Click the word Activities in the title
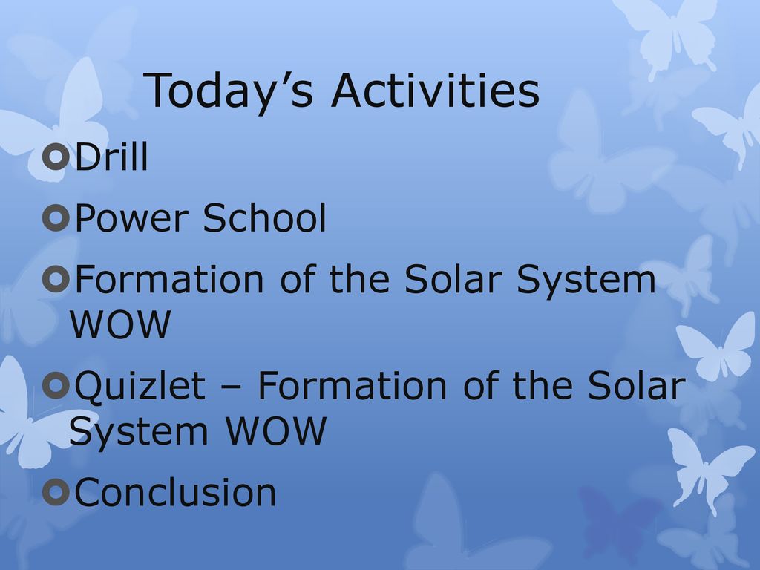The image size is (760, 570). point(435,90)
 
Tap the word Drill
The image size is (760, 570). point(111,157)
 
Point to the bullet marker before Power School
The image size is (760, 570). point(56,217)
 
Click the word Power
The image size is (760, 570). point(131,218)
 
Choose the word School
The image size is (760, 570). point(265,217)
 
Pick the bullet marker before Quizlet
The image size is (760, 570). point(56,386)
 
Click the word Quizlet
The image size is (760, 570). point(140,386)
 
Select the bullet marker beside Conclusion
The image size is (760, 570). point(56,493)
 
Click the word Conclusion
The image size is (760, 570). point(175,492)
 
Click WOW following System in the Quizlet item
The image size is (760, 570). point(275,430)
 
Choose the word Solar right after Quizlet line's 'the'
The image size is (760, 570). point(637,385)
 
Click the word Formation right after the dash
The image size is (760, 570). point(352,386)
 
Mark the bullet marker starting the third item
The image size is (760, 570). point(56,279)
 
